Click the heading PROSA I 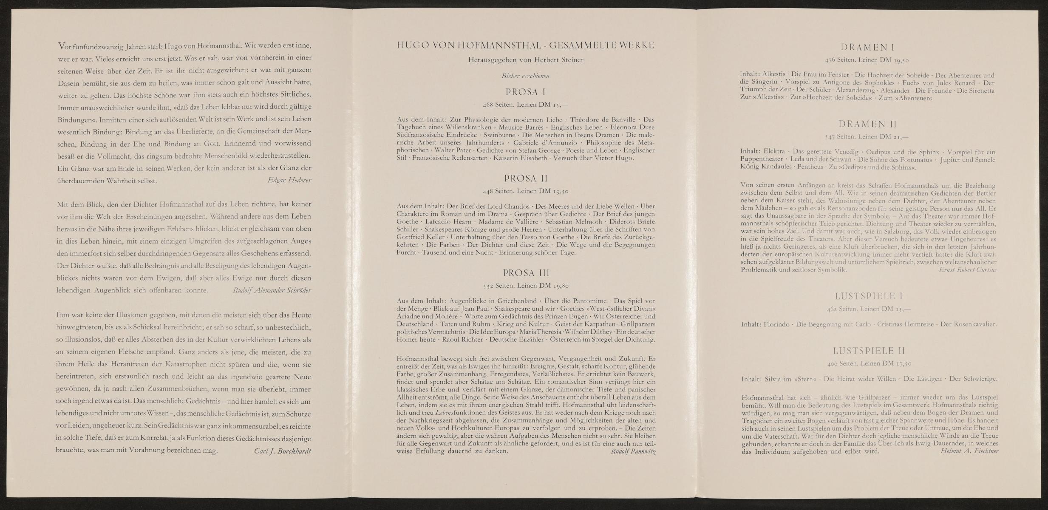[x=525, y=92]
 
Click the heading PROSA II [x=525, y=178]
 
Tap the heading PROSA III [x=525, y=273]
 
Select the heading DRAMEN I [x=867, y=48]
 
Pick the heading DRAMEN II [x=867, y=125]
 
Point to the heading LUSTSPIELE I [x=867, y=296]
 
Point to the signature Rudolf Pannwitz [x=633, y=452]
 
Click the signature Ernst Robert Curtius [x=968, y=270]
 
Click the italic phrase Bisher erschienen [x=525, y=76]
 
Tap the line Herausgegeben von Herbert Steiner [x=525, y=60]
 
